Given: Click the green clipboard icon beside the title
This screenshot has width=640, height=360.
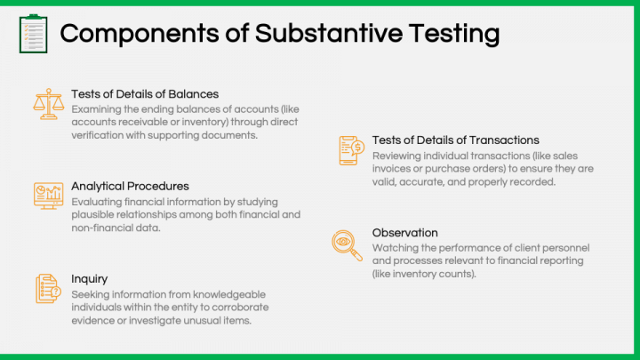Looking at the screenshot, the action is point(34,34).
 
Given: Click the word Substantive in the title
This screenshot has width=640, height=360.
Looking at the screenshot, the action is point(329,33).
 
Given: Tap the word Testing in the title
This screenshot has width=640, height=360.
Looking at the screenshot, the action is point(454,34).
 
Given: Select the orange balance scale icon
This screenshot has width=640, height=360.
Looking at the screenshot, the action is point(49,104).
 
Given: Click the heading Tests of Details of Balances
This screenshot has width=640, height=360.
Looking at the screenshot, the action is point(145,94).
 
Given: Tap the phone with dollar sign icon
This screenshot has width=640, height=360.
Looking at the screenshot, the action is point(351,150).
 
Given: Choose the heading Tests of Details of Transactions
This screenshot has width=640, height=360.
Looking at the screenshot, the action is point(455,140).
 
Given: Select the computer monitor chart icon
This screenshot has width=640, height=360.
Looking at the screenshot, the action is point(49,196).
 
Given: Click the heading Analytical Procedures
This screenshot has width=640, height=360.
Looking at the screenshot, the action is point(130,187).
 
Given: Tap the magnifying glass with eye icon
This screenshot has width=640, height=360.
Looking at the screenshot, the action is point(347,245).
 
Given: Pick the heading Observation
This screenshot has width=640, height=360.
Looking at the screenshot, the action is point(405,233).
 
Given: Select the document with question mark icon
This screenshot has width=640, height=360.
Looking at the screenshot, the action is point(48,289).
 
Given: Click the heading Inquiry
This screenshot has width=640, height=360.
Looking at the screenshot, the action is point(90,279).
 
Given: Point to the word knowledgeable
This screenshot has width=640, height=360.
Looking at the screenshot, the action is point(229,295).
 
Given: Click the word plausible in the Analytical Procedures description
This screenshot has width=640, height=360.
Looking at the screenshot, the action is point(92,215).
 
